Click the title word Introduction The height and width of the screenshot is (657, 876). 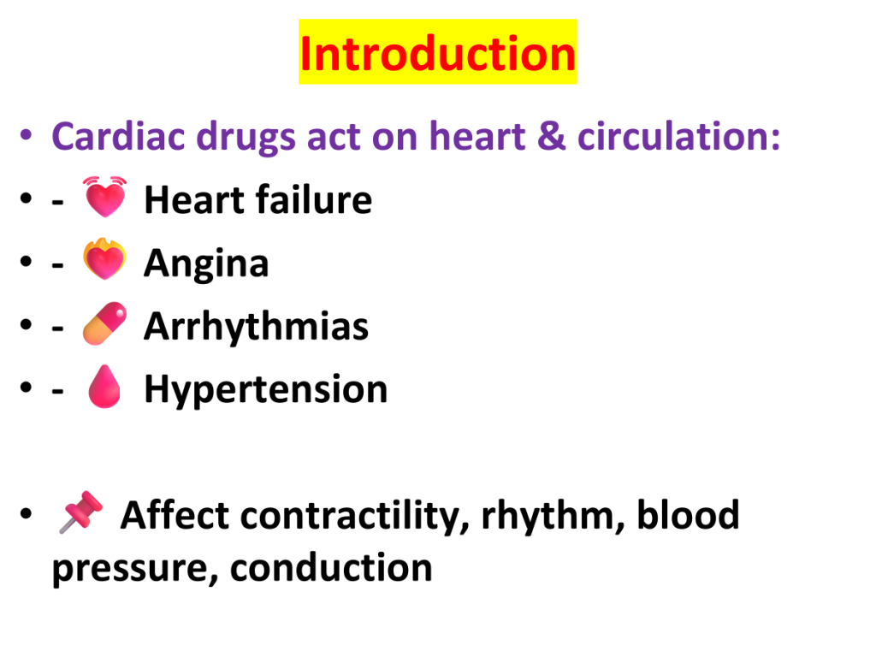pos(437,54)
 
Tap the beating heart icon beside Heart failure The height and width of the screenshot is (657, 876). pos(104,197)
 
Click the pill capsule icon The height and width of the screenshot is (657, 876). pos(104,323)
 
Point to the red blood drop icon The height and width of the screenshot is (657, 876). pos(104,387)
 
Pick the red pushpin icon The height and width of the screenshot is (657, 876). pos(81,512)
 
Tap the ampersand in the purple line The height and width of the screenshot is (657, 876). pos(551,137)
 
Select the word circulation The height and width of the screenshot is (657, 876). pos(678,136)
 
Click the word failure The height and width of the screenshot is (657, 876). pos(314,199)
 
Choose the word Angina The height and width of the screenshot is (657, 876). pos(206,263)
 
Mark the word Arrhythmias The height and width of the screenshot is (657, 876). pos(257,326)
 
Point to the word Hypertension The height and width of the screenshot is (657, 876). pos(266,389)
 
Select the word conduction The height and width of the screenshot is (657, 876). pos(331,568)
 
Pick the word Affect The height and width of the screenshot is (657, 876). pos(175,514)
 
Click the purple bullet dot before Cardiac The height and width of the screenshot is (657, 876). pos(26,135)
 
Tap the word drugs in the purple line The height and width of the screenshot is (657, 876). pos(246,138)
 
